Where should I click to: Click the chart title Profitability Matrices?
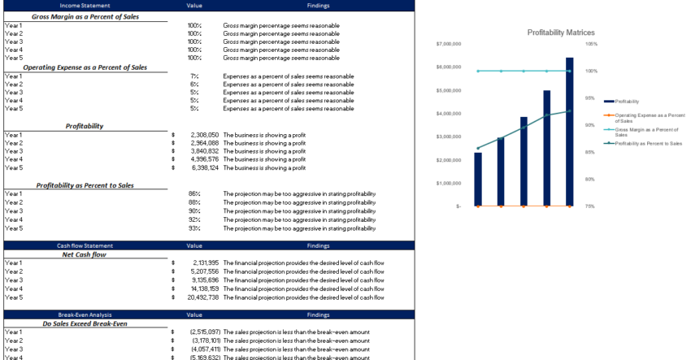[560, 32]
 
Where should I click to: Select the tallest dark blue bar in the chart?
[569, 130]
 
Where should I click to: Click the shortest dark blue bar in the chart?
[478, 179]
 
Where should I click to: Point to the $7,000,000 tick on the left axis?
[449, 44]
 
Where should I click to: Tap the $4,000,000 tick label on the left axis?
[449, 114]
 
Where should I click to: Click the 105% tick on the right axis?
[591, 44]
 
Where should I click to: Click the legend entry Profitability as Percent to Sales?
[648, 143]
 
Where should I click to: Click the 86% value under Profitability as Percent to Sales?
[194, 194]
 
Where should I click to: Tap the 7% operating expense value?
[194, 76]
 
